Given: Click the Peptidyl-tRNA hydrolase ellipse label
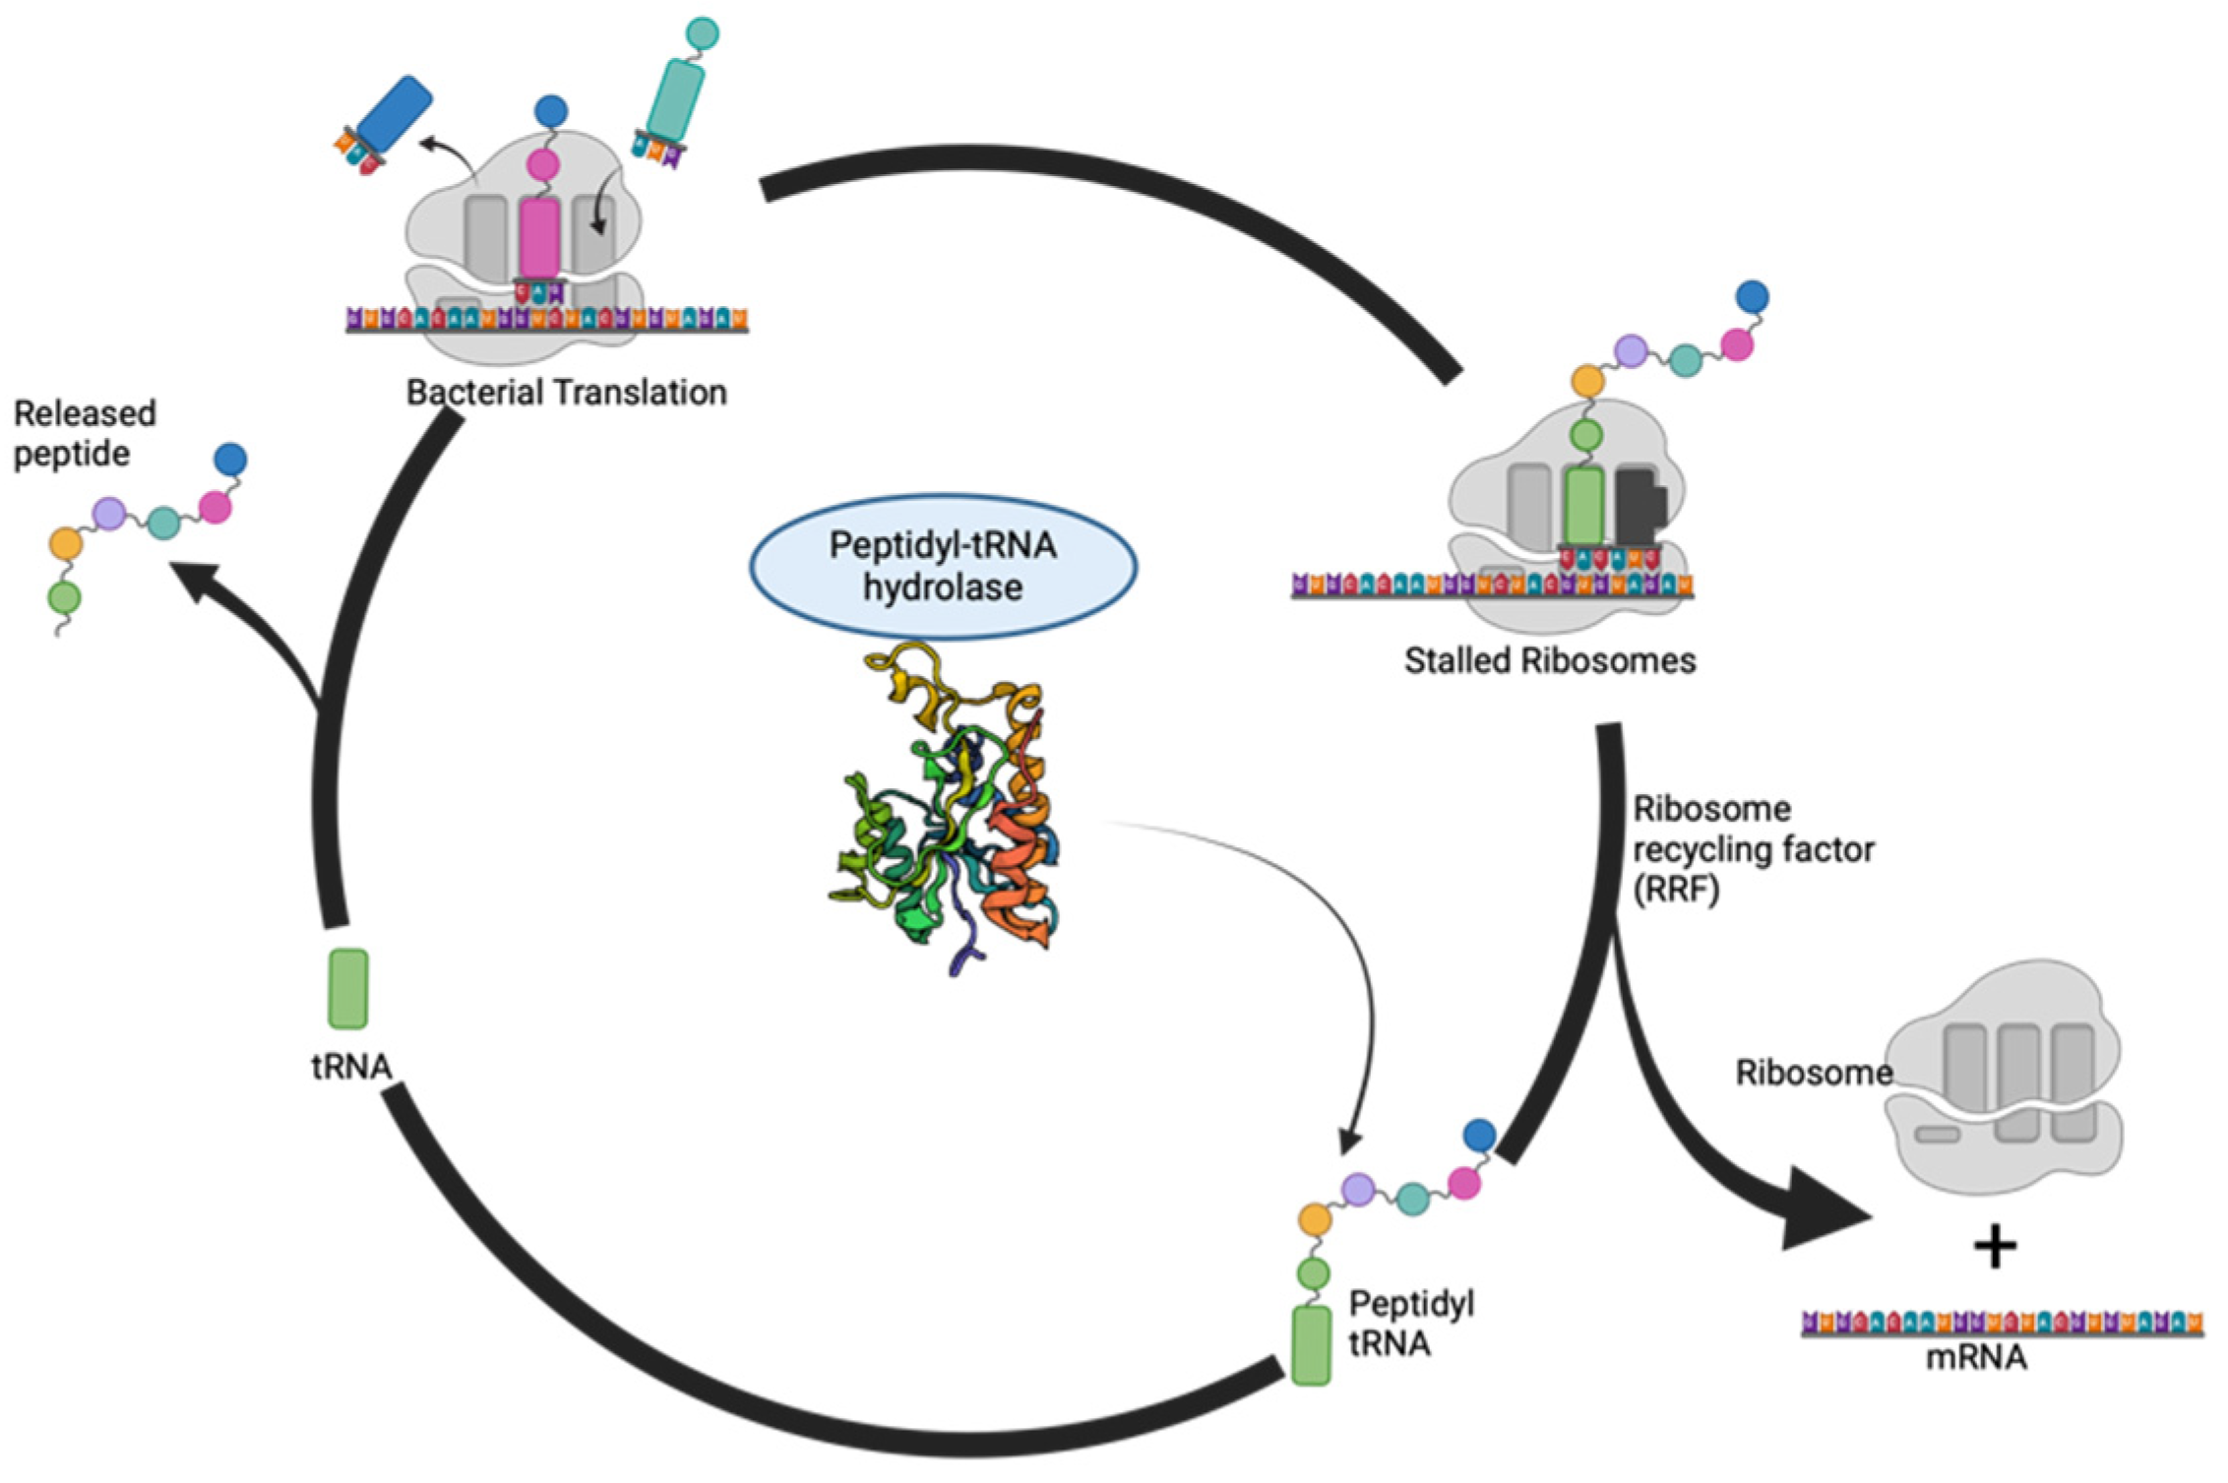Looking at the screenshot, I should coord(943,567).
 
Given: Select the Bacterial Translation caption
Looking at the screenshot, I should coord(566,393).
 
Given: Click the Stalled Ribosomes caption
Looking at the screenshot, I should coord(1549,660).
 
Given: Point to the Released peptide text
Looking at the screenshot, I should coord(84,433).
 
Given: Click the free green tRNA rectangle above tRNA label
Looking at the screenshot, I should coord(347,989).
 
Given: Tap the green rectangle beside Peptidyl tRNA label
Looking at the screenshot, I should coord(1311,1345).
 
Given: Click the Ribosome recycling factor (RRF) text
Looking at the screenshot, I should coord(1752,849).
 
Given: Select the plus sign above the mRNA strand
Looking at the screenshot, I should coord(1995,1248).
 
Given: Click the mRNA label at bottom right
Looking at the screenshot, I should coord(1975,1358).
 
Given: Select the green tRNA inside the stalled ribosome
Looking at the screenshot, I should coord(1583,506).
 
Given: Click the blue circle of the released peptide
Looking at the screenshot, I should coord(230,459).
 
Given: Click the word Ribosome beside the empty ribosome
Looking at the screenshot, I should coord(1813,1073).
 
